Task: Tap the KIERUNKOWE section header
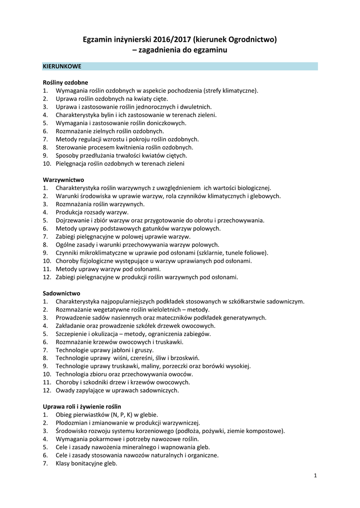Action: [62, 66]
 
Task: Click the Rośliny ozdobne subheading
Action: [66, 82]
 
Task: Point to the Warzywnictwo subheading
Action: [64, 180]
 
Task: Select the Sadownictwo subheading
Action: [62, 293]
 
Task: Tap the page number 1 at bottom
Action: [315, 476]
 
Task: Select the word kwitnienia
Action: [126, 147]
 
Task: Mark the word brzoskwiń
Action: [183, 358]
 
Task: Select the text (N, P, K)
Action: [112, 415]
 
